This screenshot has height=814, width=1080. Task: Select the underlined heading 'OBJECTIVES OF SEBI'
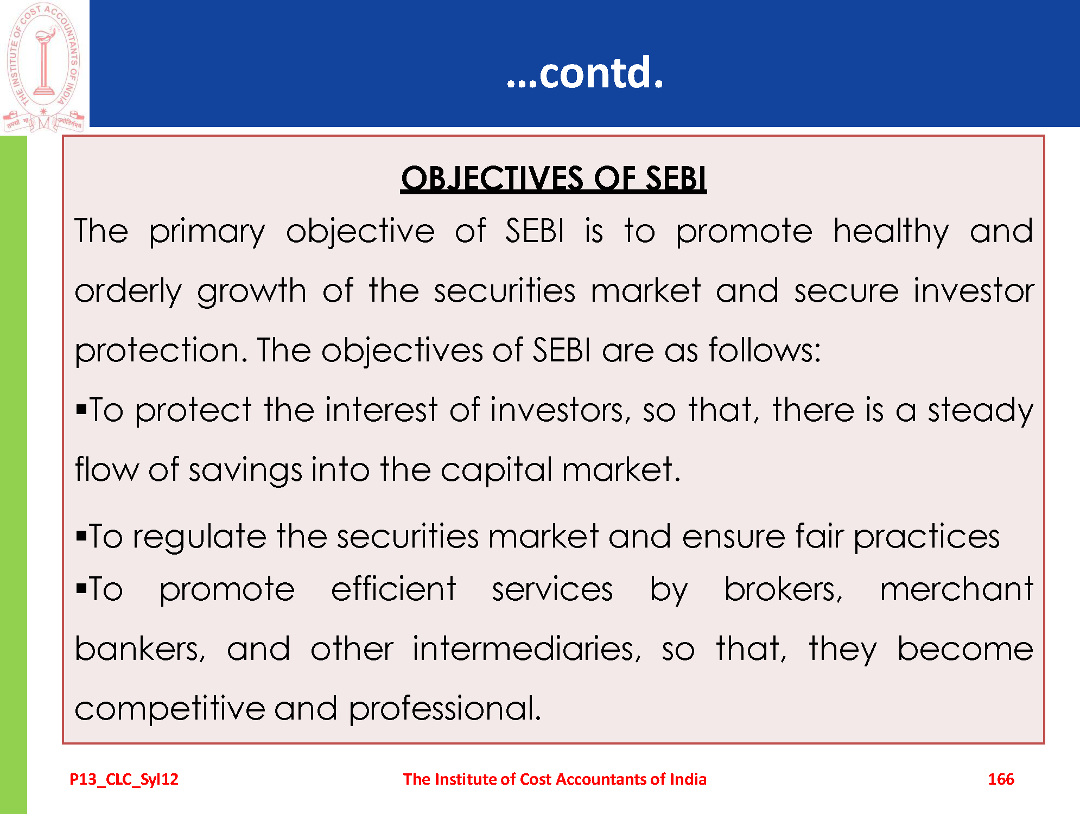pos(554,178)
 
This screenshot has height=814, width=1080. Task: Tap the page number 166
pos(1001,779)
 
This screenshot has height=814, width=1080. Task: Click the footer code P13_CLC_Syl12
pos(124,780)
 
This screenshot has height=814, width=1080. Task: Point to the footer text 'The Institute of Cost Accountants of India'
pos(555,779)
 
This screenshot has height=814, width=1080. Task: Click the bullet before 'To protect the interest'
pos(81,409)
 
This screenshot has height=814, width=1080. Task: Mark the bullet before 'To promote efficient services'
pos(81,589)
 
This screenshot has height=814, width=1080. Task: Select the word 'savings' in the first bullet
pos(245,470)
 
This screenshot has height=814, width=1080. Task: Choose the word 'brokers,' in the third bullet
pos(784,589)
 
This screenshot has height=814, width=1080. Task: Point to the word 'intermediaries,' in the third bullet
pos(527,649)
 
